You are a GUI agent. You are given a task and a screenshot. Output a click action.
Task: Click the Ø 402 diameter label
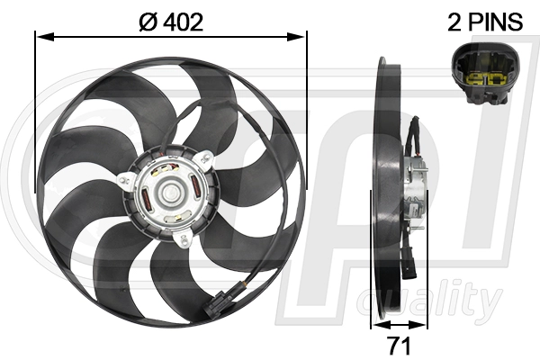tap(170, 22)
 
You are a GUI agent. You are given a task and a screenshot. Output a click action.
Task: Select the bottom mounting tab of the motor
tap(184, 238)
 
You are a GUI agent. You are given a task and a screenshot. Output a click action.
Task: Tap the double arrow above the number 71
tap(400, 324)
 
